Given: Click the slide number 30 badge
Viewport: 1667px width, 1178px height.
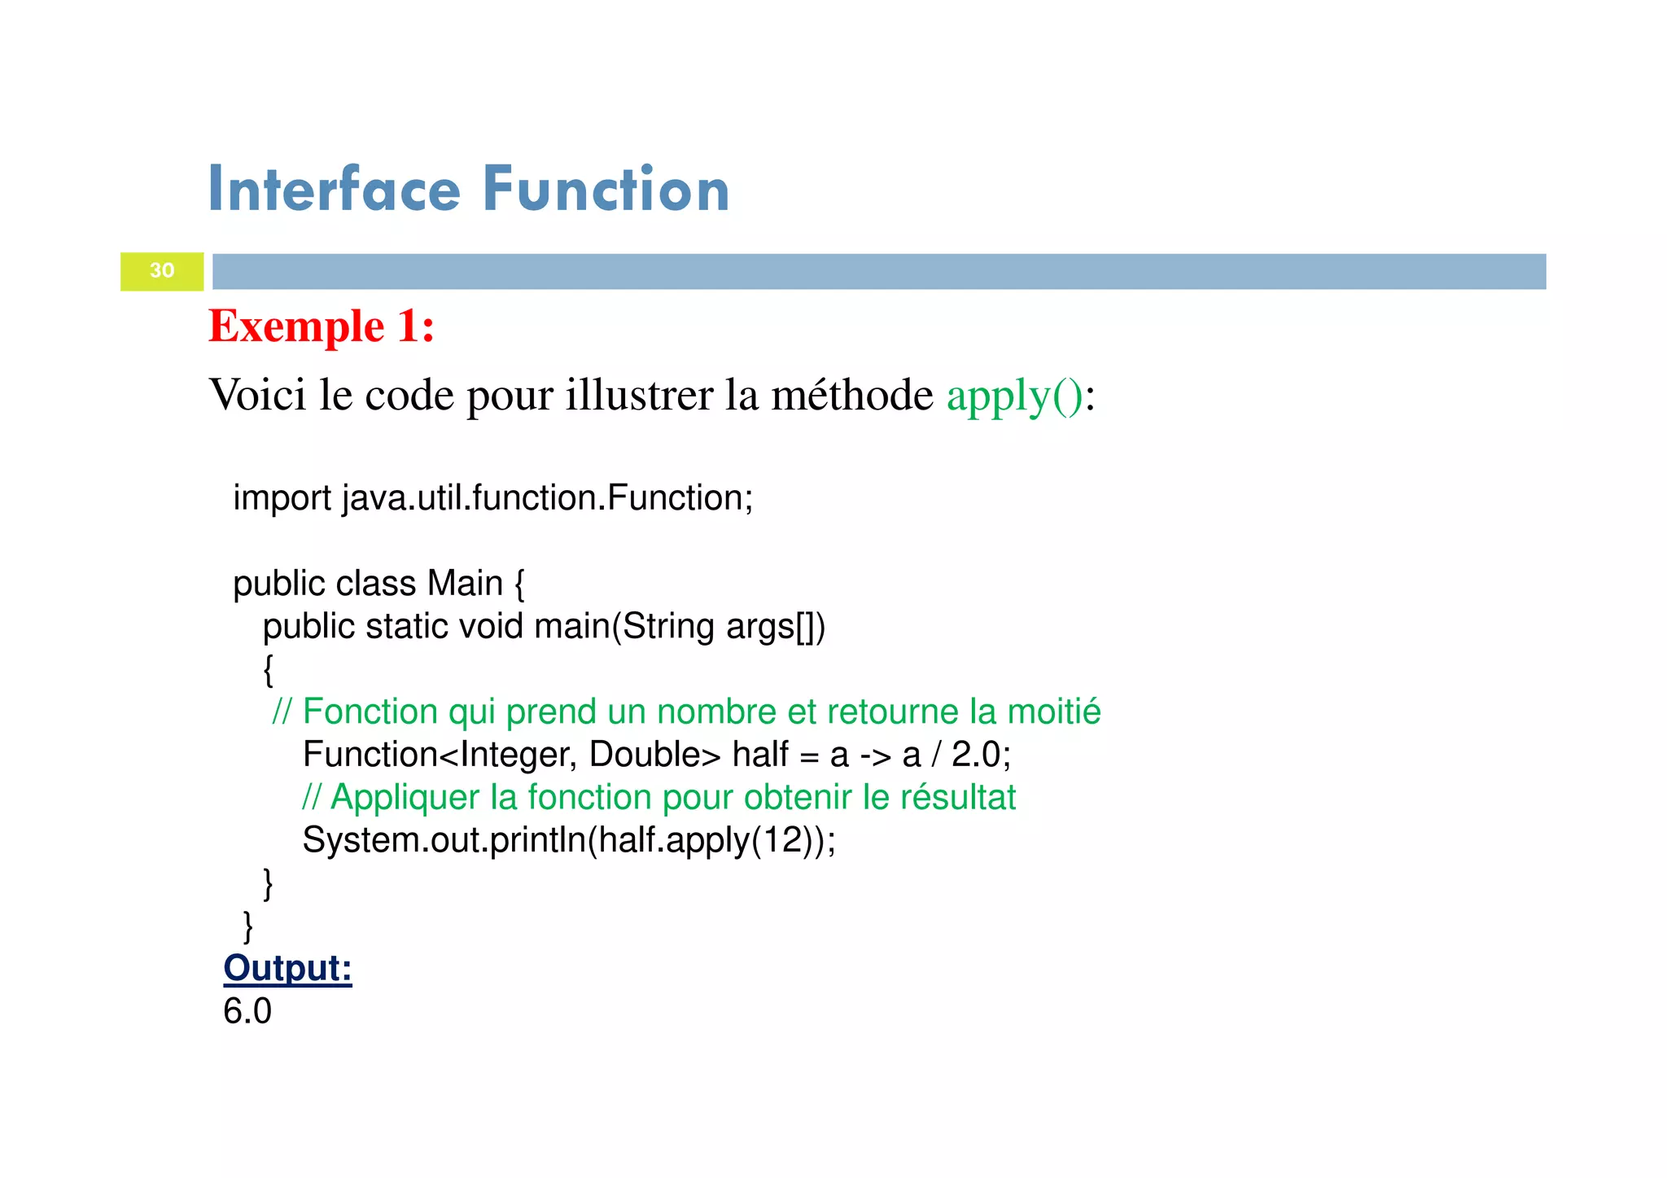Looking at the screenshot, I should click(x=162, y=271).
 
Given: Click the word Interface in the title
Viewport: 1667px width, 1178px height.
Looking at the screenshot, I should click(x=335, y=190).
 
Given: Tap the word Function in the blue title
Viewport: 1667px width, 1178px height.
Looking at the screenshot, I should click(x=606, y=190).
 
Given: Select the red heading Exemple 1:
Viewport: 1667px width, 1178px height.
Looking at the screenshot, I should click(x=322, y=326).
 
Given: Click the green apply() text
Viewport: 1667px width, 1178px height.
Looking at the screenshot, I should click(x=1014, y=396).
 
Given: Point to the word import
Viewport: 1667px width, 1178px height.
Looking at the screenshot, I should click(x=282, y=498).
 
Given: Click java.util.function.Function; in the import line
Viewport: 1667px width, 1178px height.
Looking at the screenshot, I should click(x=548, y=498).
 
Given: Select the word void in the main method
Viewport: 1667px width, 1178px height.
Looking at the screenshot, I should click(x=491, y=627).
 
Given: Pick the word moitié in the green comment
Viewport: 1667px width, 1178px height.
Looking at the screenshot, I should click(x=1053, y=712).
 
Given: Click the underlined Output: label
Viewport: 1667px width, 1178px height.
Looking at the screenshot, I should click(x=287, y=969).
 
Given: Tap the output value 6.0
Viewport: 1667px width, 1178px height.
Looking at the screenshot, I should click(x=247, y=1012).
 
